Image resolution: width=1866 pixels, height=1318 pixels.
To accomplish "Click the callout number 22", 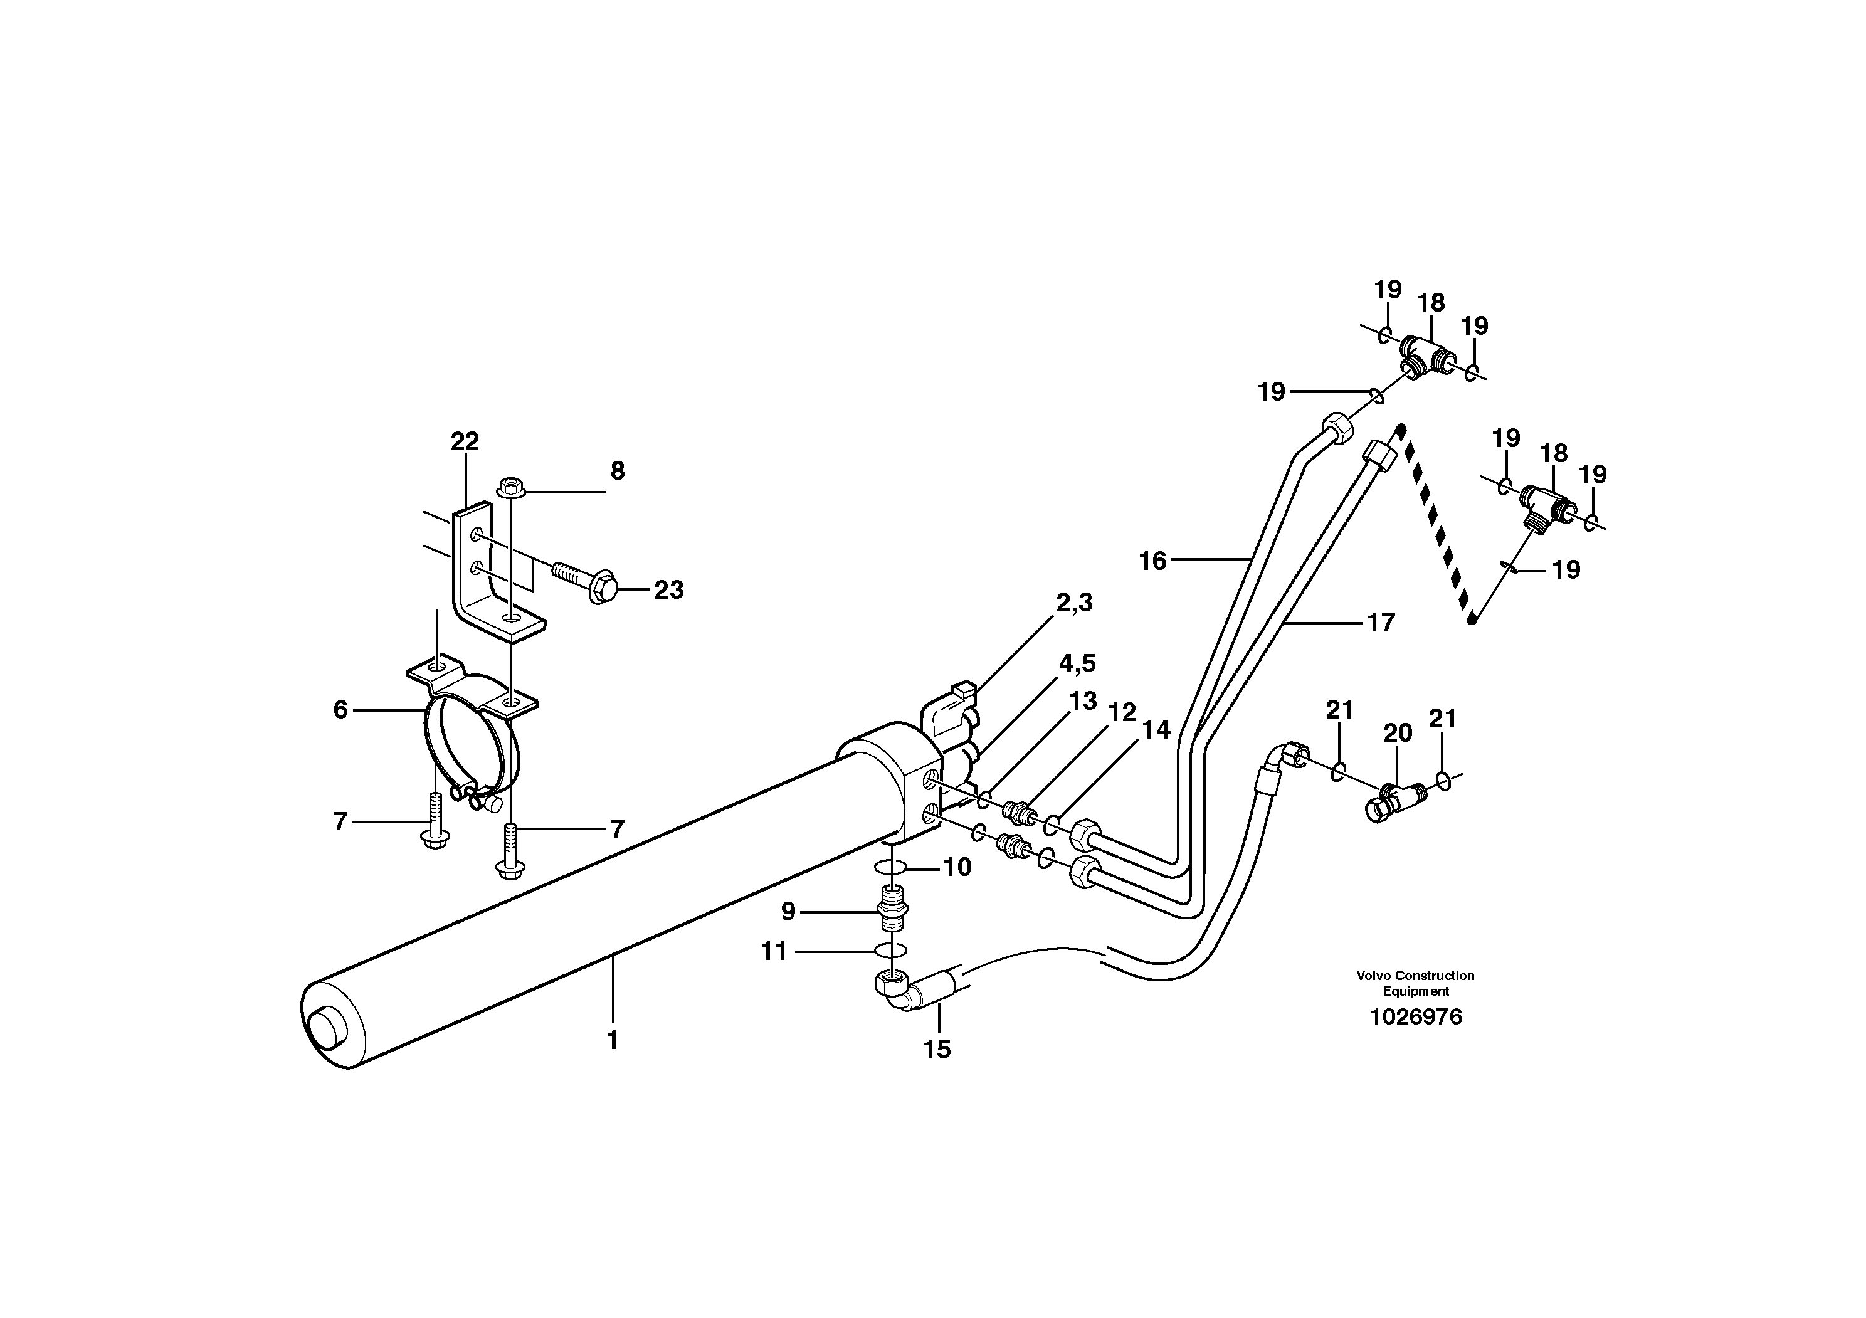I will click(x=465, y=442).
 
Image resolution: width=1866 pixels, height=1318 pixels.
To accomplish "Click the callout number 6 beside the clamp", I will click(x=340, y=710).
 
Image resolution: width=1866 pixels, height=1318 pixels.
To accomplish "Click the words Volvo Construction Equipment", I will click(x=1415, y=983).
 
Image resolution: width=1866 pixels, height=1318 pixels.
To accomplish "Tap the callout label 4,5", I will click(x=1077, y=664).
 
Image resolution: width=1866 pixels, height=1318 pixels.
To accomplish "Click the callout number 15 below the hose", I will click(x=936, y=1050).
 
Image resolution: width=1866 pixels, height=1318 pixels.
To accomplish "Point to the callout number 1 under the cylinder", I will click(x=613, y=1040).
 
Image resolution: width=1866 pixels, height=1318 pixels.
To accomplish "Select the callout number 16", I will click(x=1152, y=561).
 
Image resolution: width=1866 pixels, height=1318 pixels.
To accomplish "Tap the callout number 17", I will click(x=1381, y=623).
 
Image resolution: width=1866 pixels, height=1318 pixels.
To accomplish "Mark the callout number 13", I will click(x=1082, y=700).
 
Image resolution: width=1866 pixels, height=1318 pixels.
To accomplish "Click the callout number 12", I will click(x=1122, y=713).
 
